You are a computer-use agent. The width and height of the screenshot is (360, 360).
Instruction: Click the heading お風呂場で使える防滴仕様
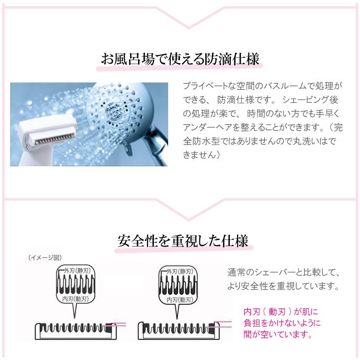coord(180,60)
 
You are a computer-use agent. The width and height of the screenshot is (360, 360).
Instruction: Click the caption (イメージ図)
coord(45,257)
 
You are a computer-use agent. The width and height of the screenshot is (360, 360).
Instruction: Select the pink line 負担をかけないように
coord(282,323)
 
